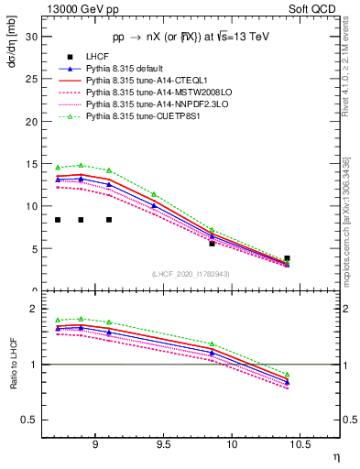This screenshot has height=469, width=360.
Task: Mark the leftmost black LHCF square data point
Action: pos(58,220)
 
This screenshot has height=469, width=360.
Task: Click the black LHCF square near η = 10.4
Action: pos(287,258)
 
